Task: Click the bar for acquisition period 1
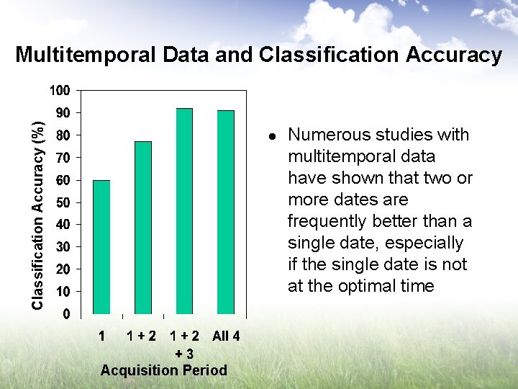pyautogui.click(x=101, y=247)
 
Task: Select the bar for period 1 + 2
pyautogui.click(x=143, y=228)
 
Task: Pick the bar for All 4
pyautogui.click(x=226, y=212)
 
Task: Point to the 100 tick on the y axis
pyautogui.click(x=60, y=91)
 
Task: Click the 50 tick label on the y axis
pyautogui.click(x=63, y=202)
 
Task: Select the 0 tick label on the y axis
pyautogui.click(x=66, y=314)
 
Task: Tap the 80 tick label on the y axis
pyautogui.click(x=63, y=135)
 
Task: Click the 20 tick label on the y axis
pyautogui.click(x=63, y=269)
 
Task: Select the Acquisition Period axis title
pyautogui.click(x=163, y=370)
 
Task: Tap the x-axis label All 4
pyautogui.click(x=226, y=336)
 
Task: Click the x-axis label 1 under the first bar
pyautogui.click(x=102, y=336)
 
